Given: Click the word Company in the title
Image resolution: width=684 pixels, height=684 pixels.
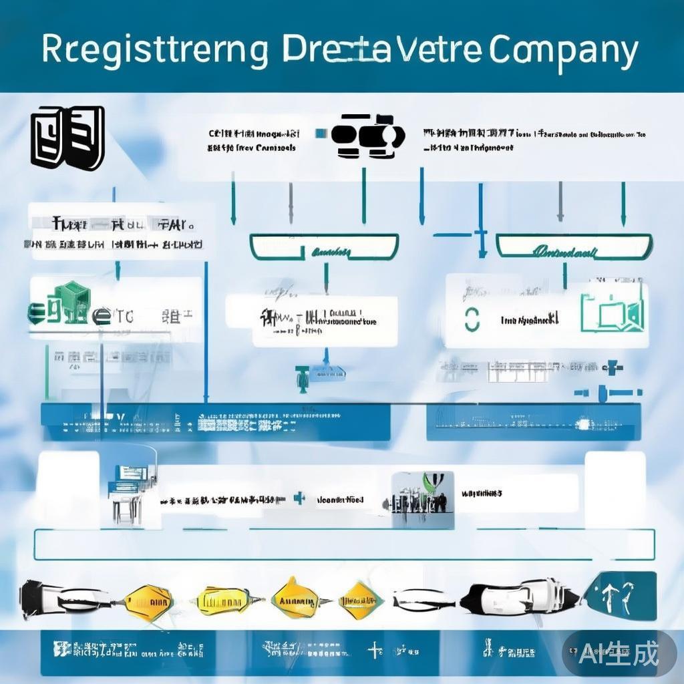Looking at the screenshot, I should [x=563, y=52].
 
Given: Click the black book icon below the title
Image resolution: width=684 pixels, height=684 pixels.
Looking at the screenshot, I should [x=67, y=137].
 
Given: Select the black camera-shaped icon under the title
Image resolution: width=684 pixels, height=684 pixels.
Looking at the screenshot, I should [x=367, y=136].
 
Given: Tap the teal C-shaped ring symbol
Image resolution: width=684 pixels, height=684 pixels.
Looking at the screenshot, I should [x=472, y=320].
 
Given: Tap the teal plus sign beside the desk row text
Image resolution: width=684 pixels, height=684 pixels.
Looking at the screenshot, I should [x=300, y=498].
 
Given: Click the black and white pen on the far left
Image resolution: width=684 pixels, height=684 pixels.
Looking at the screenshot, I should [x=67, y=596].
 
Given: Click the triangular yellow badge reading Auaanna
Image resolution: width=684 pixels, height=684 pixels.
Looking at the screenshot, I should [x=297, y=596].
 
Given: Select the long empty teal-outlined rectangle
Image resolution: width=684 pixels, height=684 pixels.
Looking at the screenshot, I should [x=343, y=544].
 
